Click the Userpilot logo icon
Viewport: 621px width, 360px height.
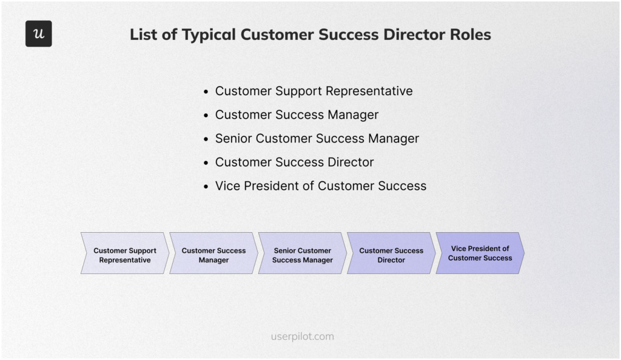pos(39,34)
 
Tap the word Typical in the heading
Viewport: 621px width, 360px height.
pos(203,35)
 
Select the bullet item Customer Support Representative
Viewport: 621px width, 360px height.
pos(314,91)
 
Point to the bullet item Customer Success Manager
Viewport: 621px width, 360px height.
pos(297,115)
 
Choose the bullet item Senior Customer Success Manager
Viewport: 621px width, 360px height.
pos(317,138)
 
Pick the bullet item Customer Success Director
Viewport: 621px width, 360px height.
pos(294,162)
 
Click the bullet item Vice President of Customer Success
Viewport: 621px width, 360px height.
pos(320,186)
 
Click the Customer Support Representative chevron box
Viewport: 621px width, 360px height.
pos(125,253)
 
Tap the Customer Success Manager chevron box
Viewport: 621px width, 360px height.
pos(213,253)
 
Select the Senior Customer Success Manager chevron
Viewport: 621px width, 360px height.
pos(302,253)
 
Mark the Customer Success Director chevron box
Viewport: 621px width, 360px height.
pos(391,253)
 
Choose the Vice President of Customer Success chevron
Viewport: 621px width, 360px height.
pos(480,253)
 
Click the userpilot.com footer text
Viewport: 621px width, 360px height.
pos(302,336)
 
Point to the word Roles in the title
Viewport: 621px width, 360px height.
pos(468,35)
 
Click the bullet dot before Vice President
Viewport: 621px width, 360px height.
pos(207,187)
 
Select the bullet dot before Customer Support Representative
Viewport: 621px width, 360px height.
pos(207,92)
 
